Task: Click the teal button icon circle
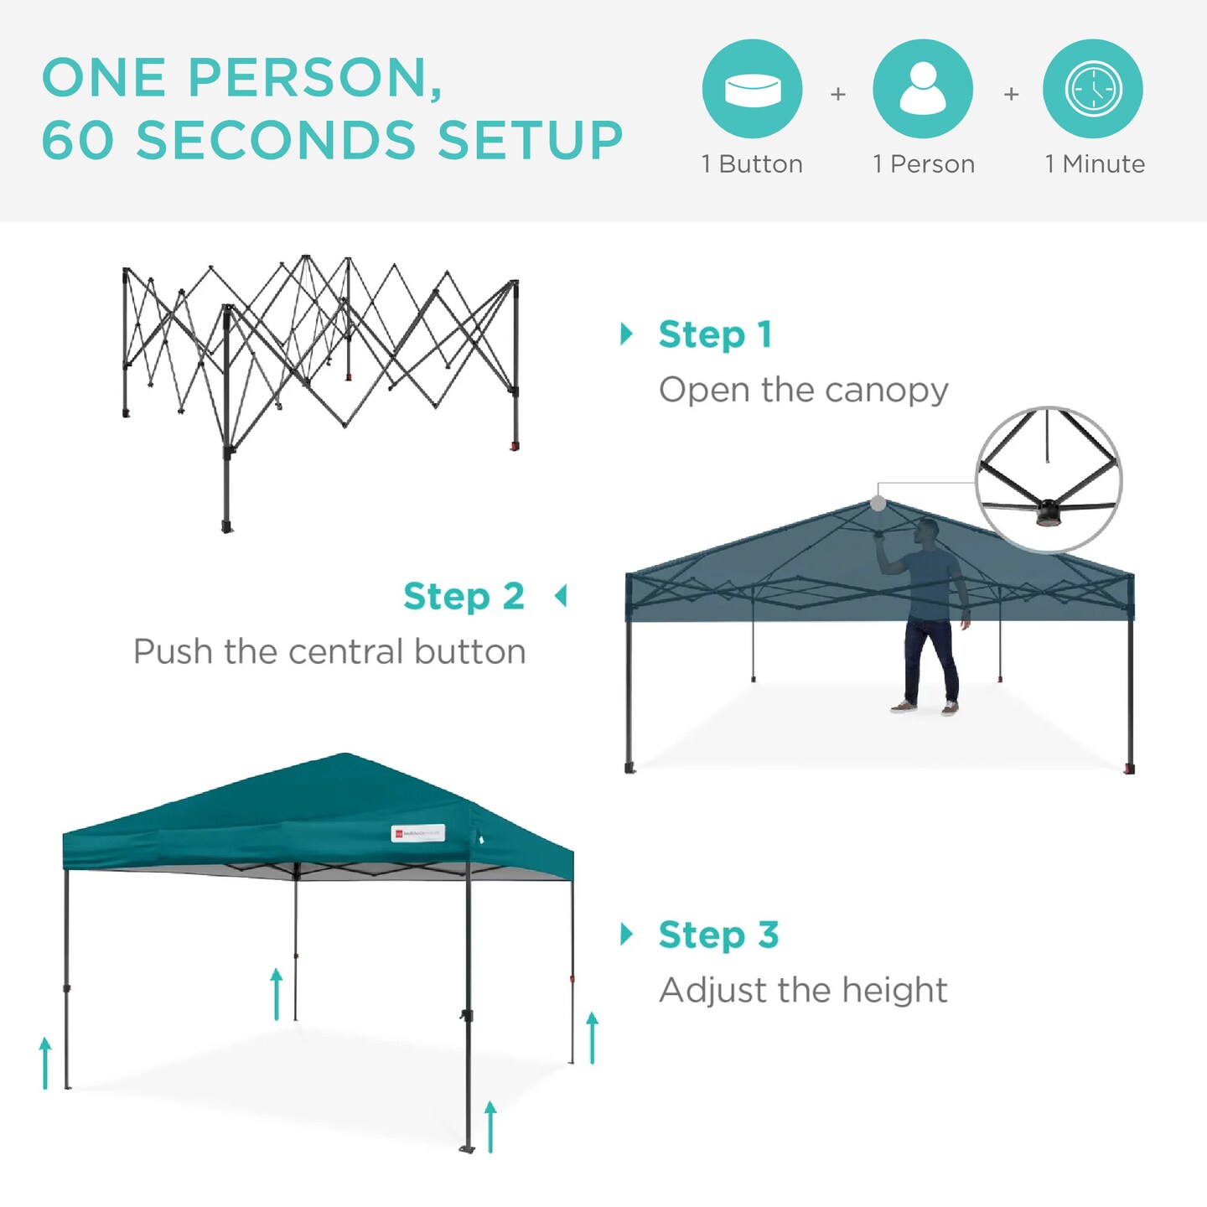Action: point(752,89)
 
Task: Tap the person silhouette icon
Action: point(923,89)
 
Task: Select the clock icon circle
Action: point(1093,89)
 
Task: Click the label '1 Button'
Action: point(752,164)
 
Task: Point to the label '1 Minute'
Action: point(1095,164)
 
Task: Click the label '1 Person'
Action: point(924,164)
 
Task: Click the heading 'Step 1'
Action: point(715,334)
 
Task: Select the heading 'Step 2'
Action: point(464,597)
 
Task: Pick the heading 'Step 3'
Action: point(718,935)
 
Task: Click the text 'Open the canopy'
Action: point(803,390)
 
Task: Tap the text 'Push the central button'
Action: point(329,652)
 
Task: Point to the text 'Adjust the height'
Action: point(803,990)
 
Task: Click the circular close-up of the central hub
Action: point(1049,479)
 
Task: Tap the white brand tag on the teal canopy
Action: point(417,833)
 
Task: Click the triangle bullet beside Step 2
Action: point(561,596)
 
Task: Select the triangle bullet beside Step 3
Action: point(626,934)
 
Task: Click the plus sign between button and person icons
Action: point(837,95)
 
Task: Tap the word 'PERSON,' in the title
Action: point(315,78)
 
